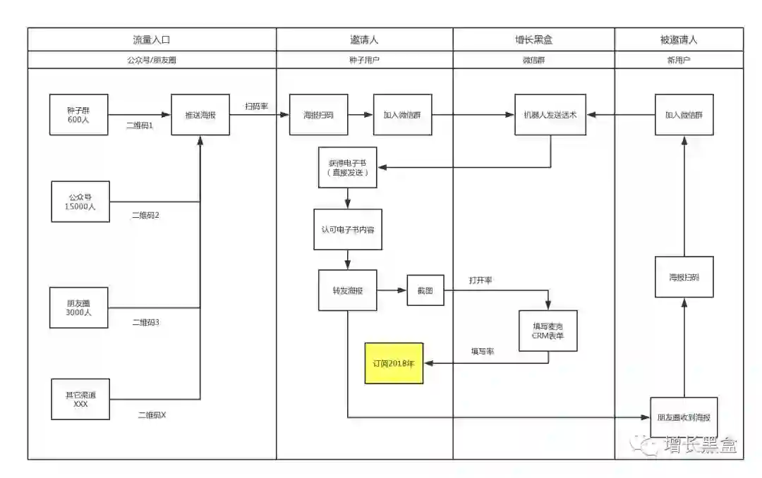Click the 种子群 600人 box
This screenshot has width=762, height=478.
click(78, 114)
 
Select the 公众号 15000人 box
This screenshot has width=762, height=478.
click(80, 202)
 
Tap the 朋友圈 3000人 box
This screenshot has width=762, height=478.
click(78, 307)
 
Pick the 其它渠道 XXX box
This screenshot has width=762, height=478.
click(80, 399)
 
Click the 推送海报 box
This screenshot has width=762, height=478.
click(200, 114)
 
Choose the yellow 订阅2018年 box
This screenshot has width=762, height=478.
click(394, 363)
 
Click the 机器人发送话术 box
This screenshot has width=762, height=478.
click(550, 114)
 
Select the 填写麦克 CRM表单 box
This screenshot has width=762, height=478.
click(548, 331)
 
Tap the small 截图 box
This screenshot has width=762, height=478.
click(425, 290)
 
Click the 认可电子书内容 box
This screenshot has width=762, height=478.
click(348, 229)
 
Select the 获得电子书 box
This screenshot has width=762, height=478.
click(347, 168)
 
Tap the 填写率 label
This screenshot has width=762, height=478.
click(483, 351)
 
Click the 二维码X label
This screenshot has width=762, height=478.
click(152, 415)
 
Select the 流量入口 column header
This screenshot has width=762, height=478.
click(151, 39)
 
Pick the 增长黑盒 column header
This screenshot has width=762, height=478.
click(533, 39)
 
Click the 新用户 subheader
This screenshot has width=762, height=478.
click(678, 60)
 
